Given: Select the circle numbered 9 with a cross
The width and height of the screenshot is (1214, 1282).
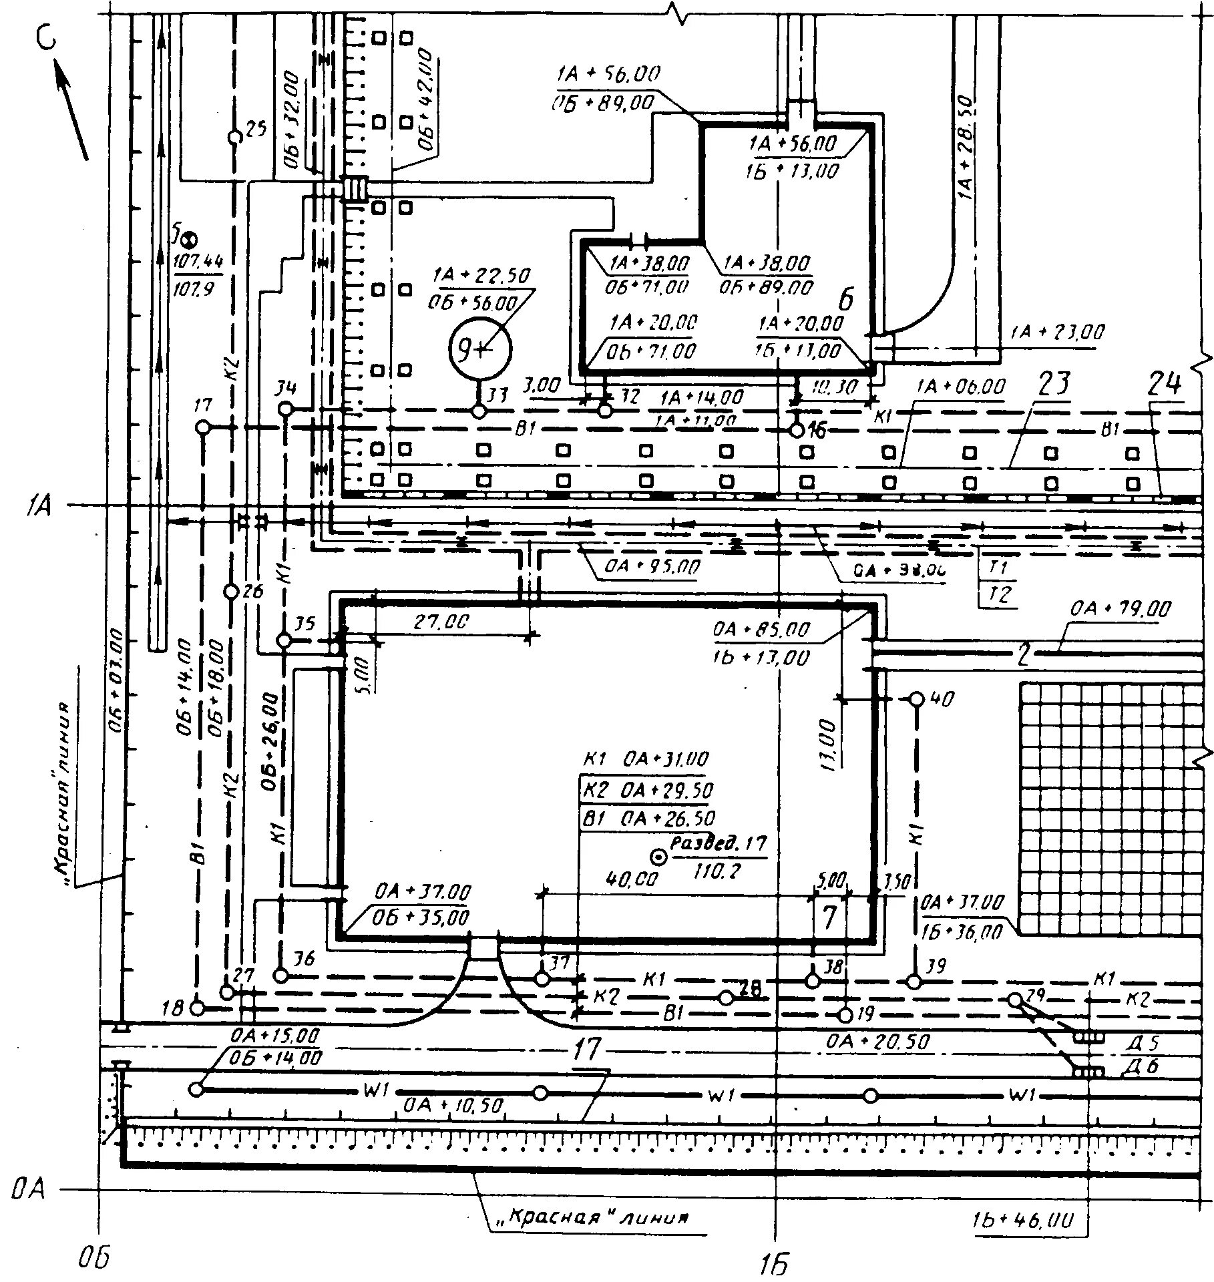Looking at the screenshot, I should pos(479,348).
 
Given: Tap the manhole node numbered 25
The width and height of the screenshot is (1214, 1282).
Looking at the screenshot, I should pos(234,137).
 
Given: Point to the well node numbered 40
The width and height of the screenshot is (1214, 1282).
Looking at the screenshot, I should pos(917,699).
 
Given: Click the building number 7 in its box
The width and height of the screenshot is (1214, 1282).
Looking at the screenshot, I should pos(829,917).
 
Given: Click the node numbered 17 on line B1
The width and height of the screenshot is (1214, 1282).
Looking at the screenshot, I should pos(203,427).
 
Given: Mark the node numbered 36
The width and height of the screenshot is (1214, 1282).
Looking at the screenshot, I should pos(281,976).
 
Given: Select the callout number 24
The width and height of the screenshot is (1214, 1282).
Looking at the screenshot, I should pos(1165,384).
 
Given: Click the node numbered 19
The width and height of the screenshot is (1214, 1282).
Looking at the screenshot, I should pos(845,1015).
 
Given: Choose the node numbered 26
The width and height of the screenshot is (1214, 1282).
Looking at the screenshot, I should pos(232,592).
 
